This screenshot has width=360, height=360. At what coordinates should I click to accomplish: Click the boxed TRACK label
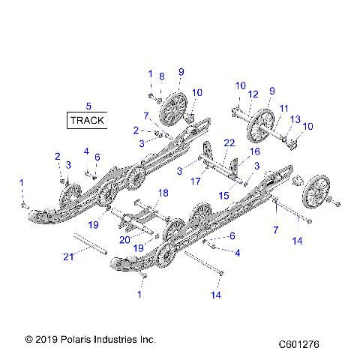click(88, 120)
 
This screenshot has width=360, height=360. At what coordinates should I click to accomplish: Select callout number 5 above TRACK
click(88, 106)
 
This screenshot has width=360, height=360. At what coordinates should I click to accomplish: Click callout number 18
click(163, 193)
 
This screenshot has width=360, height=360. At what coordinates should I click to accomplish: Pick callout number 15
click(223, 195)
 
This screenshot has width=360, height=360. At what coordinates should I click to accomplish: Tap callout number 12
click(253, 94)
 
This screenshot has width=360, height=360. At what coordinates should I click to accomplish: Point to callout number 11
click(284, 108)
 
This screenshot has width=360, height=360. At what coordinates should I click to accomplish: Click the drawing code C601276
click(299, 344)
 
